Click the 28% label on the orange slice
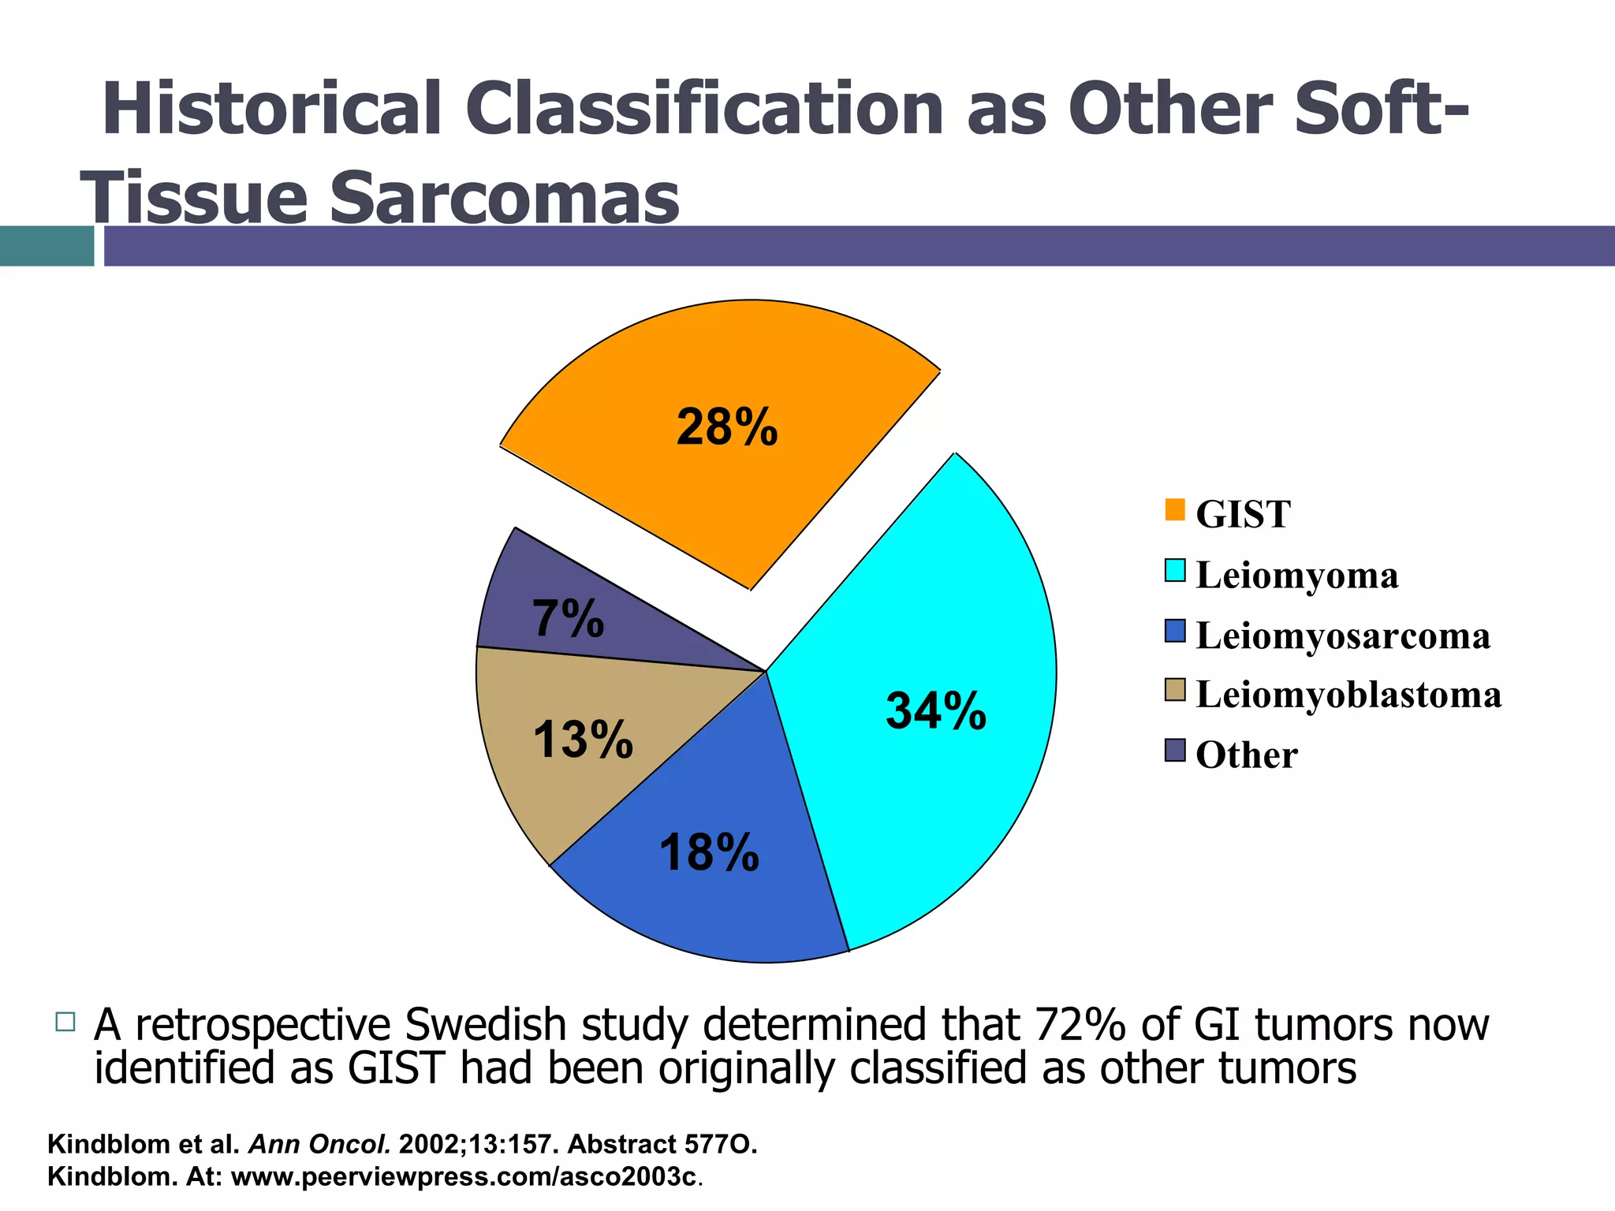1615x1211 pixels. (x=726, y=428)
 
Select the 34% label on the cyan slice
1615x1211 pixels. (x=935, y=710)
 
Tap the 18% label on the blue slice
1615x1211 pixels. (x=708, y=853)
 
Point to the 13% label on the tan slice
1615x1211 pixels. (x=582, y=740)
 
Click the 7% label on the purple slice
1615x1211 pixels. (x=568, y=619)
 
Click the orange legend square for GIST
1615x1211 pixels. (x=1174, y=510)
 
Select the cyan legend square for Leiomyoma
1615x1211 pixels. (x=1174, y=571)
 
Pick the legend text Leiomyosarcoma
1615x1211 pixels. (x=1342, y=635)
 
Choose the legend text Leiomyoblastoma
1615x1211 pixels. (x=1348, y=695)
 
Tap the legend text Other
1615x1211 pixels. (x=1246, y=755)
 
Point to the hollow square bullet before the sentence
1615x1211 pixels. (x=65, y=1022)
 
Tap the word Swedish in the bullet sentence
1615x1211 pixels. (x=487, y=1026)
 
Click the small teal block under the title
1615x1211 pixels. (x=47, y=246)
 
